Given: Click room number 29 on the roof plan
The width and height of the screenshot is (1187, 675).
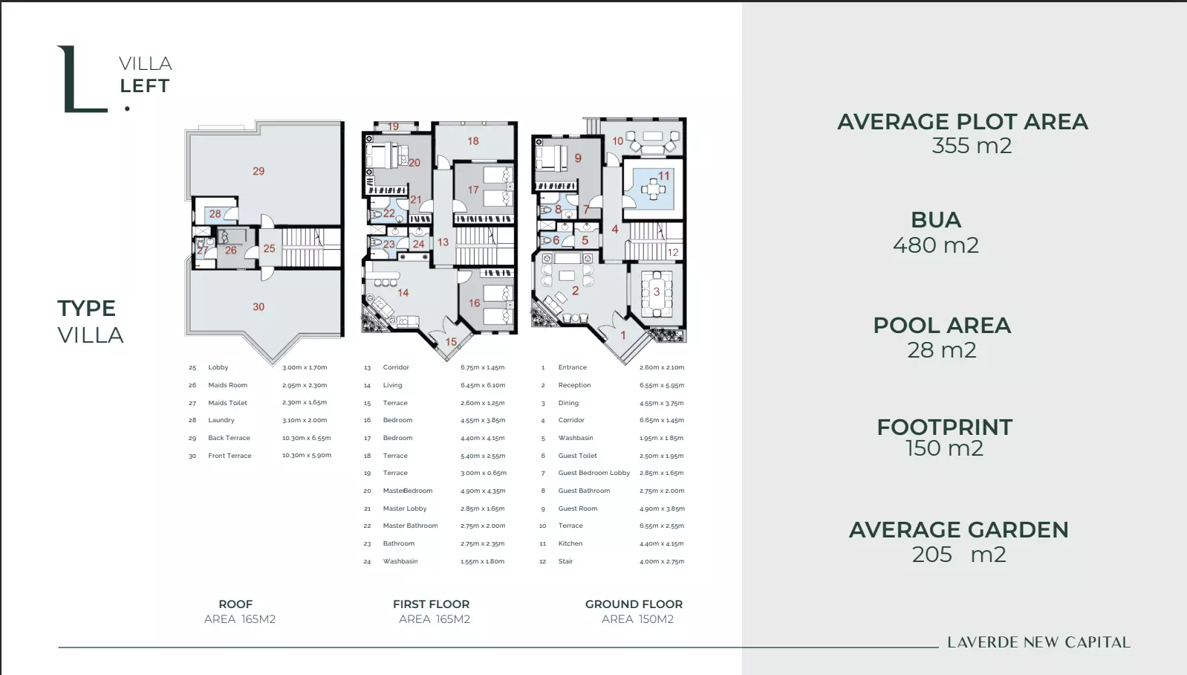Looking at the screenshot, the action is click(x=258, y=171).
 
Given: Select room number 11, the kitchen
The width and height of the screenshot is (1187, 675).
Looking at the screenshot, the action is click(x=664, y=175).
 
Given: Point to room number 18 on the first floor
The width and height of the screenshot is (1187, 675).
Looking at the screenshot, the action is click(x=473, y=141).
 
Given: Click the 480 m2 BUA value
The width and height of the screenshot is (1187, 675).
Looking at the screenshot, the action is click(x=936, y=245).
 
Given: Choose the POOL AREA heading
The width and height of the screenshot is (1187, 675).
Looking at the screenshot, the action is click(x=942, y=326).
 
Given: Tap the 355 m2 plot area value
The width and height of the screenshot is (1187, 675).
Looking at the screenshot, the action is click(x=972, y=145).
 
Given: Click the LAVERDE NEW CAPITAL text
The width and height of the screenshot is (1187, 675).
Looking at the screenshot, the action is click(x=1038, y=642).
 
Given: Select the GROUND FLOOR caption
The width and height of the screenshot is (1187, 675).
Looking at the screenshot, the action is click(x=634, y=604).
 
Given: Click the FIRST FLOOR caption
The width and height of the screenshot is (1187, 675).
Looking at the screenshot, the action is click(x=432, y=604).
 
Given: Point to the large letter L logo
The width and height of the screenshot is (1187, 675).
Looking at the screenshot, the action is click(x=82, y=79).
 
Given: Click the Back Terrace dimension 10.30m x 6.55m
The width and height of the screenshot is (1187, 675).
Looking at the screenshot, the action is click(x=306, y=438).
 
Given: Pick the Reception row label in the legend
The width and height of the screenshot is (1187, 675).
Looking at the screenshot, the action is click(x=574, y=385).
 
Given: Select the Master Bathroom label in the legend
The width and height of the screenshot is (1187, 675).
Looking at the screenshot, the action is click(x=410, y=526).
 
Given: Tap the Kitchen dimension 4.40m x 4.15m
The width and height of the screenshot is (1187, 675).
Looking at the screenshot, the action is click(x=661, y=543).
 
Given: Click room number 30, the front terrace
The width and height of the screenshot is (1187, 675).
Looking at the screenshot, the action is click(x=258, y=307).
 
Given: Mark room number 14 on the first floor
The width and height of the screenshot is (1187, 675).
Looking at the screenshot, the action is click(x=403, y=293).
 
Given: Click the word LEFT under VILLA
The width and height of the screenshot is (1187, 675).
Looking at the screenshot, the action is click(x=145, y=86).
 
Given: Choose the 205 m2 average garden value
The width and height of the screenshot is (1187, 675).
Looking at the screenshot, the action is click(x=959, y=554).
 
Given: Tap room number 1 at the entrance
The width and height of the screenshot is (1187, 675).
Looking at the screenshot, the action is click(x=623, y=335).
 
